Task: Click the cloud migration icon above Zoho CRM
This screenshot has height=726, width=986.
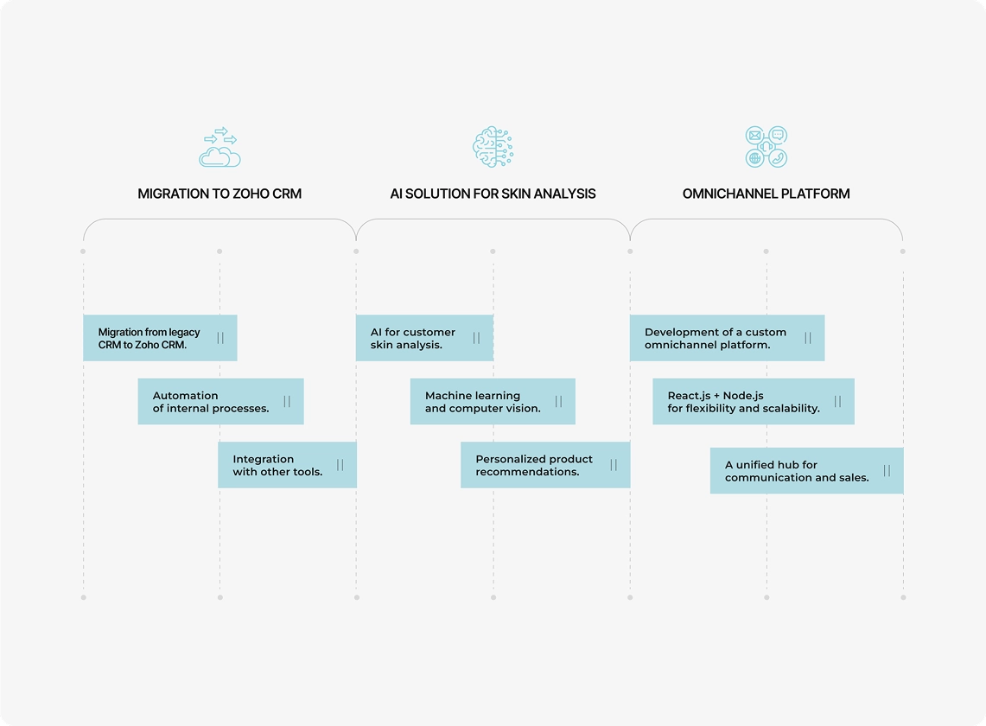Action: click(219, 147)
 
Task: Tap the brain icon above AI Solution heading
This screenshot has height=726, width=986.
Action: click(493, 147)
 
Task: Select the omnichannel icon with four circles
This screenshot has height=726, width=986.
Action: click(766, 147)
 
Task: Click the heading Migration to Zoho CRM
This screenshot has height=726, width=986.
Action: click(219, 194)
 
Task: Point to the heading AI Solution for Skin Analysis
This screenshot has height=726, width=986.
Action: click(493, 194)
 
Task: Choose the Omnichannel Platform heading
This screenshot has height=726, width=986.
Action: click(766, 194)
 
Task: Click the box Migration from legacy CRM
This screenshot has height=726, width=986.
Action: click(161, 338)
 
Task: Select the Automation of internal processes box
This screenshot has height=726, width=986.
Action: click(220, 401)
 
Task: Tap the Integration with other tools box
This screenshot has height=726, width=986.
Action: click(288, 465)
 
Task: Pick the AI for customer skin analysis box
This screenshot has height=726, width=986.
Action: click(424, 338)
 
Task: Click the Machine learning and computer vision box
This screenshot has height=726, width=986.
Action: click(493, 401)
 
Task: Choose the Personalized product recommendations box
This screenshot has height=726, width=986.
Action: click(545, 465)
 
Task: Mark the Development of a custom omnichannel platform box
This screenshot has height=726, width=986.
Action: click(727, 338)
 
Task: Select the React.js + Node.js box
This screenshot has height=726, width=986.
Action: click(754, 401)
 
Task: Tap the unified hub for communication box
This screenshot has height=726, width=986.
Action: click(807, 470)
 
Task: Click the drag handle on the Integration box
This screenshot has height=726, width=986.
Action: click(340, 465)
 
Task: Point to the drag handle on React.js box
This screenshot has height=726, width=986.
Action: click(837, 401)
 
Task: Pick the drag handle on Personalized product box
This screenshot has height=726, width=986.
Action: click(614, 465)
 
